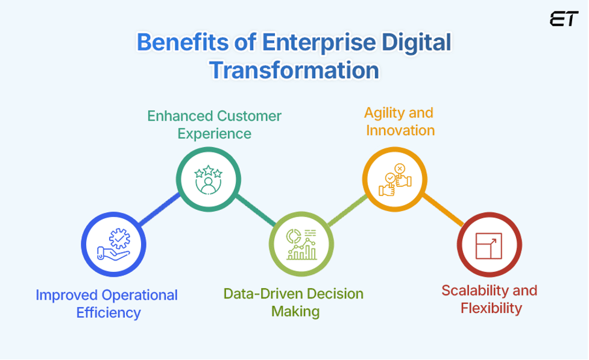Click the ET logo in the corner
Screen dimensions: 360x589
pos(564,19)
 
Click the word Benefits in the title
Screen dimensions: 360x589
pos(175,44)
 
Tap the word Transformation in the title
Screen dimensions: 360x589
pos(294,70)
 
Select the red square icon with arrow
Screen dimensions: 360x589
pos(489,244)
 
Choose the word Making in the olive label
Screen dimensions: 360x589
pos(295,312)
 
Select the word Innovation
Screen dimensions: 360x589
pos(400,130)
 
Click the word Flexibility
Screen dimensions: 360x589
pos(491,308)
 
